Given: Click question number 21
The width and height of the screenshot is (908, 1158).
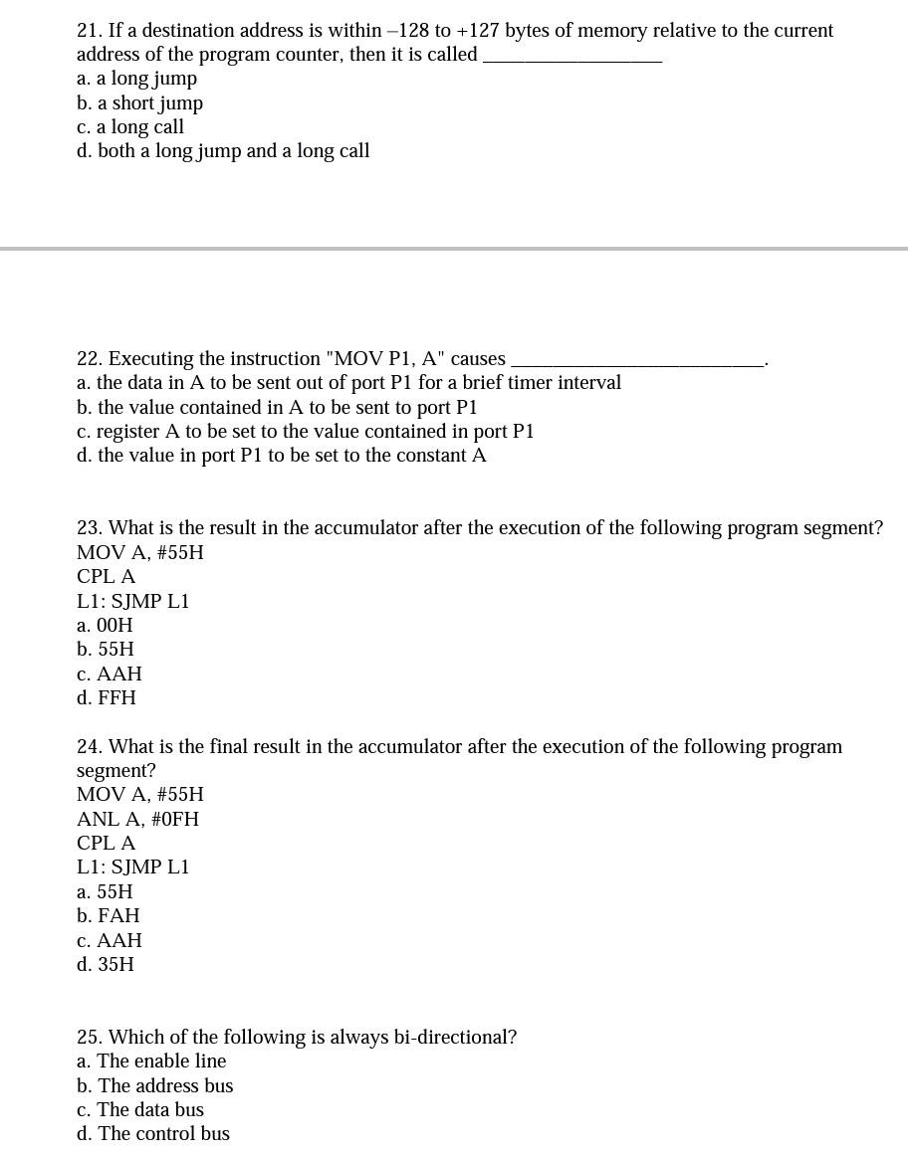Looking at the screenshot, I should (90, 31).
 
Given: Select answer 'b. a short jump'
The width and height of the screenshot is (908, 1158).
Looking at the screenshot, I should (139, 103).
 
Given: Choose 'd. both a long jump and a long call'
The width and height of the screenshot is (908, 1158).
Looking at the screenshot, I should (223, 151).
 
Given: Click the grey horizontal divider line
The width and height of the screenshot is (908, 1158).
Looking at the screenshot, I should (454, 248).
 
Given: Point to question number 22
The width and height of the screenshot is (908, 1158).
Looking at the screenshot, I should (90, 359).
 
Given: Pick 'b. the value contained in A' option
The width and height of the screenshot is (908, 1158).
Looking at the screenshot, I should (277, 408).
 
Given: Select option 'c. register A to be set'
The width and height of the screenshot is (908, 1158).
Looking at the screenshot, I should (305, 432).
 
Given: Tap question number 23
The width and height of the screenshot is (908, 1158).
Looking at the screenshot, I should (90, 528).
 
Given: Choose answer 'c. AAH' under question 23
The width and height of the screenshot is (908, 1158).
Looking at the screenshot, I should (110, 675).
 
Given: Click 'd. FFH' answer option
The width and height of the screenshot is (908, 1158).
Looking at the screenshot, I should (107, 698).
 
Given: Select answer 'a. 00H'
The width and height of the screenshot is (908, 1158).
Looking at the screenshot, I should (105, 626).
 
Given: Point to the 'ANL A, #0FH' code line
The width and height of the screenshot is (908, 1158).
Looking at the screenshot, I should (137, 820).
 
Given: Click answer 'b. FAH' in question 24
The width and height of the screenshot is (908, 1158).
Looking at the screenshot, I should (109, 916).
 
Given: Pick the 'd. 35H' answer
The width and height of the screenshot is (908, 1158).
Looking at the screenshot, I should (106, 965).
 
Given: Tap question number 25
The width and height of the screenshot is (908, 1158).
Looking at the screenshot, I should (90, 1038).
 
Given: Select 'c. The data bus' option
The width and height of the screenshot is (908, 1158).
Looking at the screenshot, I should (140, 1110).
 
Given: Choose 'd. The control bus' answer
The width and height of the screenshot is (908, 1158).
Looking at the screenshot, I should (153, 1134).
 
